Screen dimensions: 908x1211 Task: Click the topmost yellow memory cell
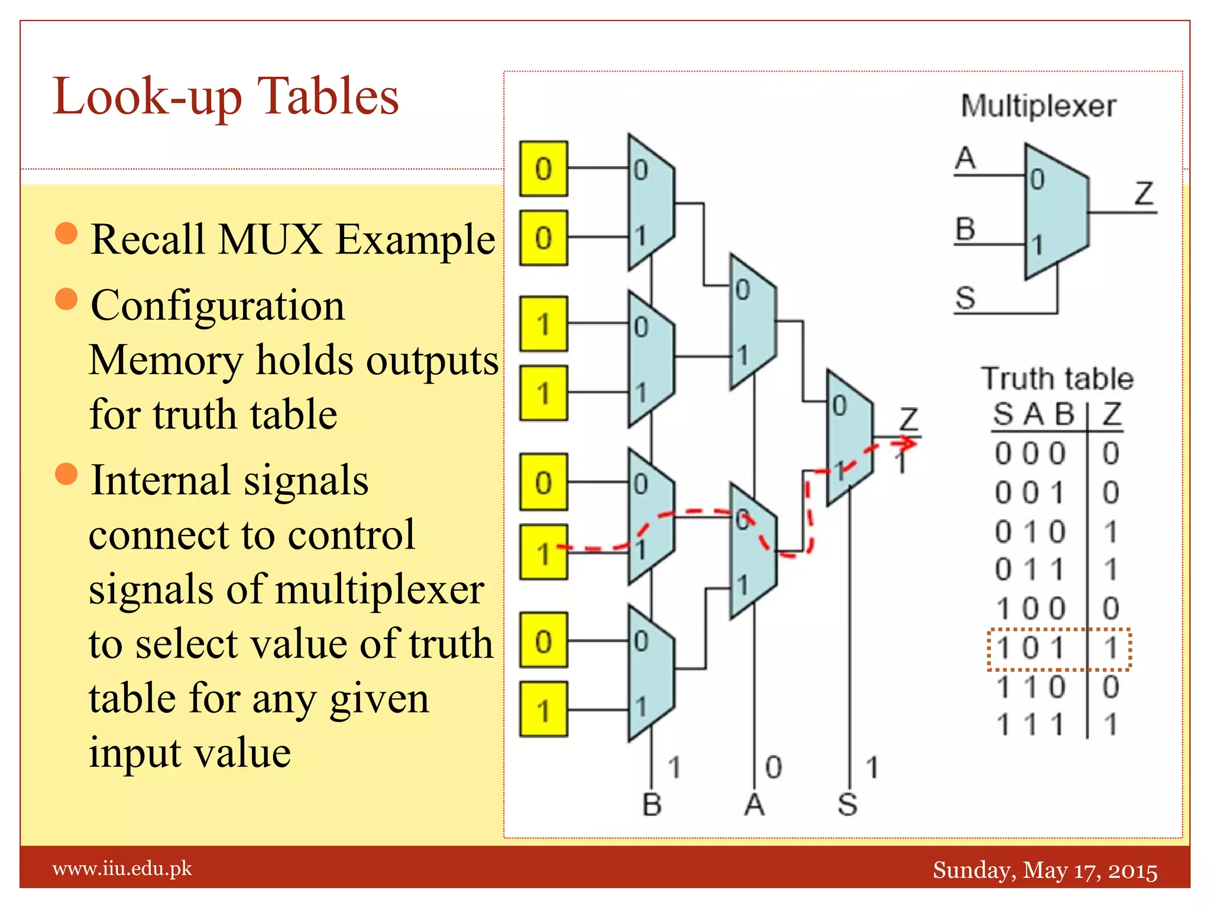pyautogui.click(x=543, y=168)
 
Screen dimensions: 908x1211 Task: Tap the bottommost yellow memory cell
pyautogui.click(x=543, y=709)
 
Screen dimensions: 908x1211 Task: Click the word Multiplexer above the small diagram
pyautogui.click(x=1038, y=106)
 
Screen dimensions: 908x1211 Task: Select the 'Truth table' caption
pyautogui.click(x=1057, y=378)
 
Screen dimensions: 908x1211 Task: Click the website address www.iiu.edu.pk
pyautogui.click(x=122, y=868)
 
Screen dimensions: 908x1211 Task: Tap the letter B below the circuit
pyautogui.click(x=652, y=805)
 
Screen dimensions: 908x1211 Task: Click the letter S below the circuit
pyautogui.click(x=847, y=805)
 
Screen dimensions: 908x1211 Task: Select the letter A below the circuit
pyautogui.click(x=754, y=805)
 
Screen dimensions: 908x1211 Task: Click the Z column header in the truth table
pyautogui.click(x=1111, y=414)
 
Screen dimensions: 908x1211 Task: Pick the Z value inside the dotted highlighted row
pyautogui.click(x=1110, y=648)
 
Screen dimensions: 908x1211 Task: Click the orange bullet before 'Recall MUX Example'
pyautogui.click(x=66, y=234)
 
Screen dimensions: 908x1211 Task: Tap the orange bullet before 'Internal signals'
pyautogui.click(x=66, y=474)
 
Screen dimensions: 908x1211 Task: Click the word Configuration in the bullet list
pyautogui.click(x=218, y=306)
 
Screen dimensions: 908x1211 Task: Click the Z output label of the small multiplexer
pyautogui.click(x=1144, y=193)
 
